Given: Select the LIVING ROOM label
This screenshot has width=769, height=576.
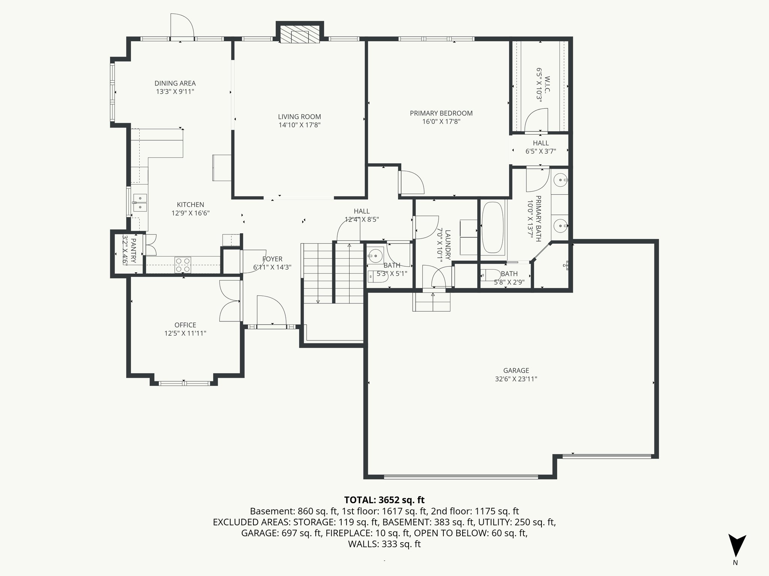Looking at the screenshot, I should (x=299, y=117).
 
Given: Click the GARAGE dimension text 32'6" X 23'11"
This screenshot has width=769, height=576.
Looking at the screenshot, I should (x=516, y=379).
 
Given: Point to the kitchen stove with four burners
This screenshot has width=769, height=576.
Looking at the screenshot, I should (x=183, y=264).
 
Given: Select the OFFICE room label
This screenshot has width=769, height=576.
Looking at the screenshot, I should (x=185, y=325).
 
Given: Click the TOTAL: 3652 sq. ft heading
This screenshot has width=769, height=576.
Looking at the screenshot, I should (x=384, y=500).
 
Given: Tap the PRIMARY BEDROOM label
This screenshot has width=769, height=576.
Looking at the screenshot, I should (x=441, y=113).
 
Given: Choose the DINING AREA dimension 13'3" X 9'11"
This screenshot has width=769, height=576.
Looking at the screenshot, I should (x=175, y=91).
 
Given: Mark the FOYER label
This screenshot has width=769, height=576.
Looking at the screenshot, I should (x=272, y=259).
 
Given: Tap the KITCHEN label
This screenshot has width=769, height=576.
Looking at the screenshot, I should (x=190, y=205).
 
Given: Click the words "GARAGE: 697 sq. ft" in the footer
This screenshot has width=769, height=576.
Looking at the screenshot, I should (x=281, y=533).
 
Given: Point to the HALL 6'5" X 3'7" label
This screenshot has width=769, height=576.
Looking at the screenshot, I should (x=540, y=143).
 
